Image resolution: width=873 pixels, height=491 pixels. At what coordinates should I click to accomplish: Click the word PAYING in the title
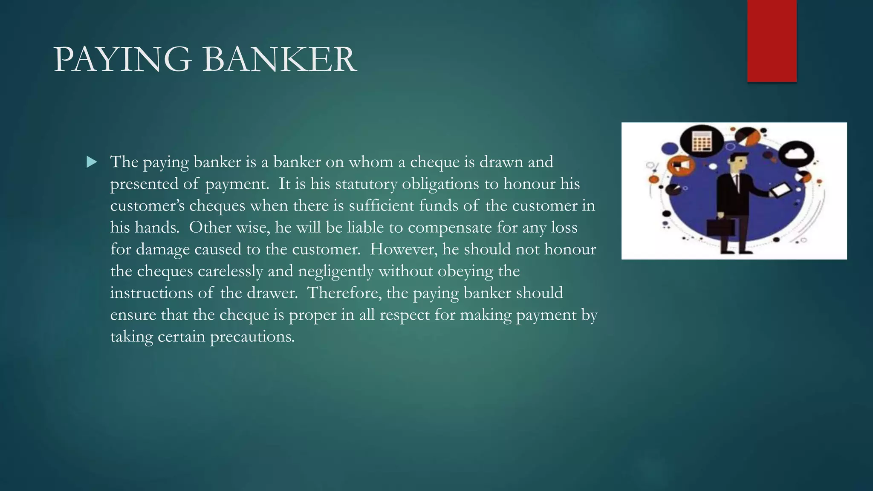click(122, 60)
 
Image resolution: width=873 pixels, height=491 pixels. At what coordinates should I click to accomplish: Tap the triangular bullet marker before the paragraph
click(92, 162)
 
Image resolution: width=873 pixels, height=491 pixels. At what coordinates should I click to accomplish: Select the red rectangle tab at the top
click(772, 41)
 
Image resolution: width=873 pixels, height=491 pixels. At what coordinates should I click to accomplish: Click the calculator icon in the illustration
click(702, 141)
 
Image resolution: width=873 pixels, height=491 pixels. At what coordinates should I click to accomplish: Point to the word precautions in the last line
click(252, 337)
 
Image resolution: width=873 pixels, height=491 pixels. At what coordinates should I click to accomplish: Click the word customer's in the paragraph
click(147, 206)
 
